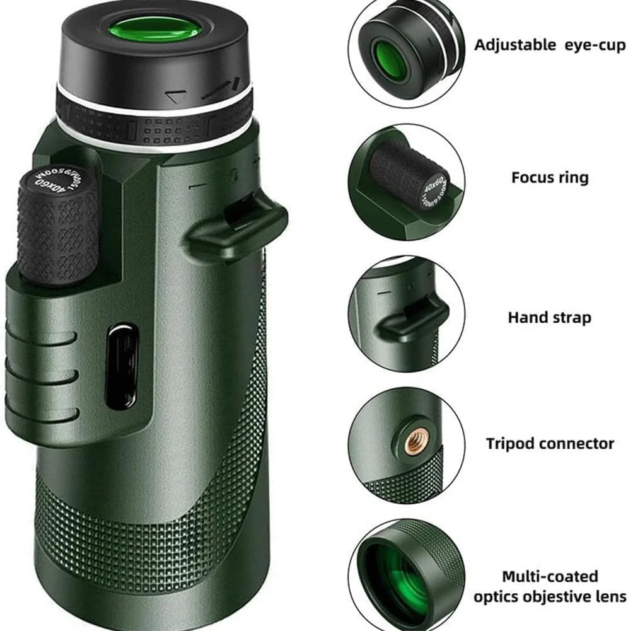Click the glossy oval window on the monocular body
coord(122,366)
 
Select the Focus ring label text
coord(550,177)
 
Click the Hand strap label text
coord(550,317)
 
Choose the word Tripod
coord(509,444)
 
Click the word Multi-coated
coord(550,576)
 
